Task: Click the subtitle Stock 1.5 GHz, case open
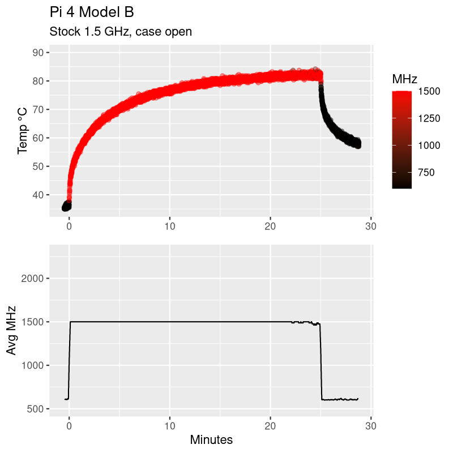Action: [x=121, y=32]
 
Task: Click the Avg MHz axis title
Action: [x=11, y=330]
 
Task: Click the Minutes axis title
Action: [x=211, y=439]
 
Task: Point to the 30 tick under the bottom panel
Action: [x=371, y=425]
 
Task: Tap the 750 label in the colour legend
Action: [x=426, y=172]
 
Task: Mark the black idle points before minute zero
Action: [x=67, y=206]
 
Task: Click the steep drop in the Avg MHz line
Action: [x=321, y=362]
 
